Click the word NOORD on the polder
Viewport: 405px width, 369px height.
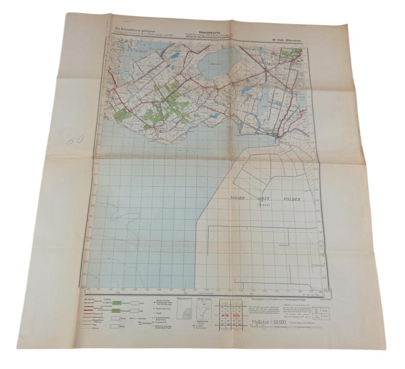241,199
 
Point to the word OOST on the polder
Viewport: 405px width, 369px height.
264,199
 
